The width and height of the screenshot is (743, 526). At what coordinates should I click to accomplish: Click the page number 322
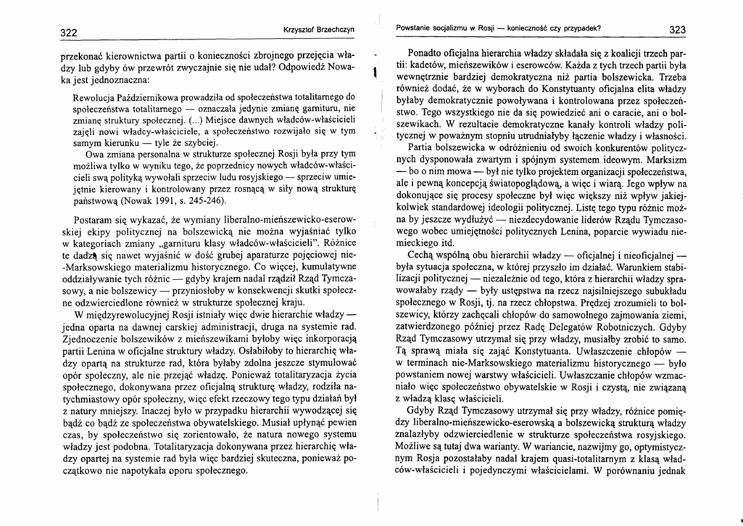67,32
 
